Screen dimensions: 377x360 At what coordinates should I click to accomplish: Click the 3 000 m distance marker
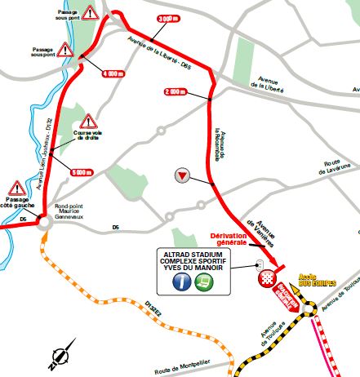pos(167,19)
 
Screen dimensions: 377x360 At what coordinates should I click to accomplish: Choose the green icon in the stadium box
pos(207,282)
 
